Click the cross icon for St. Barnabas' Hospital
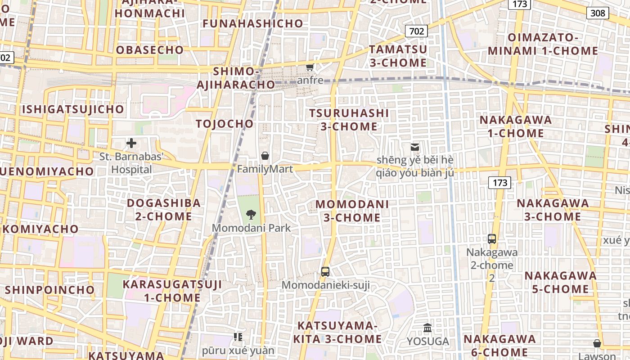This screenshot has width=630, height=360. pos(131,143)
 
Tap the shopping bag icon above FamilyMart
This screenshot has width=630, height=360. pos(265,156)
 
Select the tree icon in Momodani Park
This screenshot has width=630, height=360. pos(251,214)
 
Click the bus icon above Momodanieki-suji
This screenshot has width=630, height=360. pos(325,271)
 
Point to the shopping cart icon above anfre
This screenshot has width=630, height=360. pos(310,67)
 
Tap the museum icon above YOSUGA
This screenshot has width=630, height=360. pos(427,328)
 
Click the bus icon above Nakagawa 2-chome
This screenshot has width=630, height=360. pos(492,238)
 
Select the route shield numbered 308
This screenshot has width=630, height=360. pos(598,13)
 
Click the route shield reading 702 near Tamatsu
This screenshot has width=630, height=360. pos(416,31)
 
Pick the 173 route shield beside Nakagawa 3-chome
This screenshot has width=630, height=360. pos(499,182)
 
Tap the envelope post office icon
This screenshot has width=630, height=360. pos(414,147)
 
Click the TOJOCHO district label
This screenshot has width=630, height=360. pos(225,124)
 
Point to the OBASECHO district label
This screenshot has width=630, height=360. pos(150,50)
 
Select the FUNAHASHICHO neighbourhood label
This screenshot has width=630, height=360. pos(253,23)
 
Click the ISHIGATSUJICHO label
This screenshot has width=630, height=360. pos(72,109)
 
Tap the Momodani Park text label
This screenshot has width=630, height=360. pos(251,228)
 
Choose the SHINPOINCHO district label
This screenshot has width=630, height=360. pos(50,289)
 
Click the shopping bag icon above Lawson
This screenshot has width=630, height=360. pos(597,343)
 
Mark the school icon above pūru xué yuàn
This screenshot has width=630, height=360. pos(238,337)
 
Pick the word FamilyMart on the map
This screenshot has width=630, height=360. pos(265,169)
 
